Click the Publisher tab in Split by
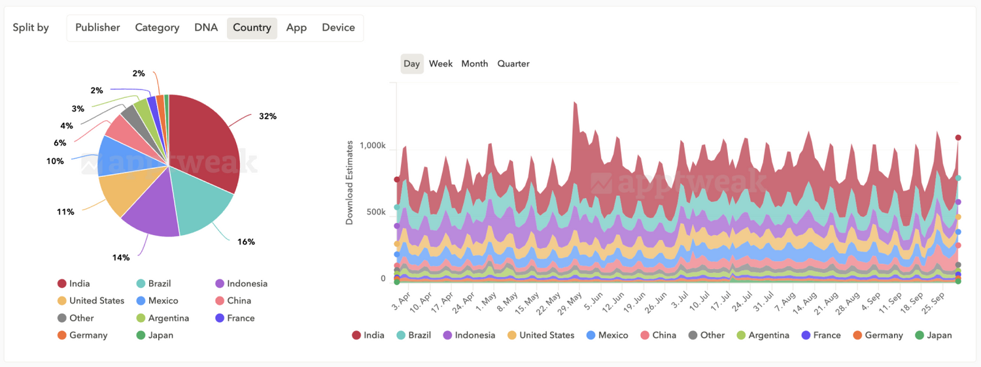click(97, 27)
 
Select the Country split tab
click(252, 28)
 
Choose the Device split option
click(338, 27)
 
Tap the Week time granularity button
click(441, 63)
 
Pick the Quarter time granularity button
click(513, 63)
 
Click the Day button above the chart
click(411, 63)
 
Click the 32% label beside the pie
click(267, 116)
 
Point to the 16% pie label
click(246, 242)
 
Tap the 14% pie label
click(121, 257)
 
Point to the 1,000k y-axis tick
click(372, 145)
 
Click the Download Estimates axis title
click(349, 183)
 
